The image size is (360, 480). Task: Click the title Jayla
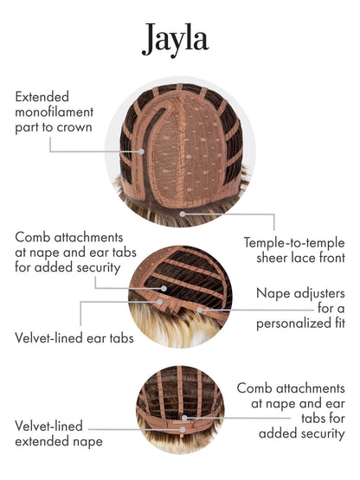click(176, 40)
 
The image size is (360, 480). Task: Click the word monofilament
click(55, 112)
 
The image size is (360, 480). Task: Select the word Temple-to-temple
click(294, 243)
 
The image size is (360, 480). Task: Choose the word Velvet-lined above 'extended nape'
click(48, 426)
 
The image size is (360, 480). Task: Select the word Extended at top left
click(42, 97)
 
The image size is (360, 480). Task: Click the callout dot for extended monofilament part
click(141, 151)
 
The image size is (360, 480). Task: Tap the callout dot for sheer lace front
click(183, 214)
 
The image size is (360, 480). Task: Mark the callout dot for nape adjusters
click(200, 310)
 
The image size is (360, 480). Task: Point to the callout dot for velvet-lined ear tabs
click(159, 302)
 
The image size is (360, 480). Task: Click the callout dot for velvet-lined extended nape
click(183, 430)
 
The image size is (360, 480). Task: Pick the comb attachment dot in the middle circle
click(164, 288)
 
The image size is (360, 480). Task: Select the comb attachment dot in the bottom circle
click(184, 418)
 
